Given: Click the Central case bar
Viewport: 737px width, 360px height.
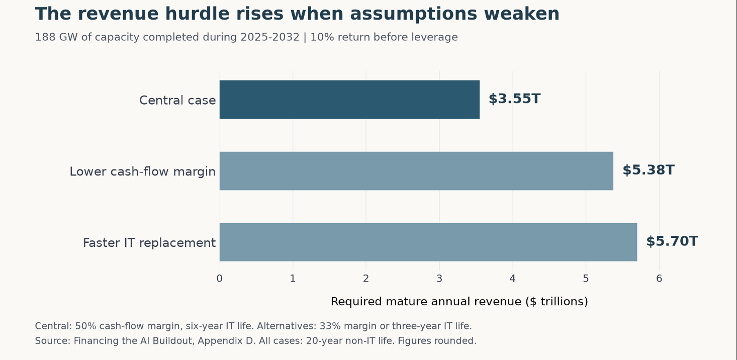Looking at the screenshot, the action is (349, 100).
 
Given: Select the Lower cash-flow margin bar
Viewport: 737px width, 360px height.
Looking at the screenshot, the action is (416, 171).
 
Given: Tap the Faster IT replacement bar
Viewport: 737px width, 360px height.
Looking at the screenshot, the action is (428, 242).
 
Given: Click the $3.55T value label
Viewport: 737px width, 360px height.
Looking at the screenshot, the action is (514, 99).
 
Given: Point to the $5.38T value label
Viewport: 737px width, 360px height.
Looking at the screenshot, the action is (648, 170).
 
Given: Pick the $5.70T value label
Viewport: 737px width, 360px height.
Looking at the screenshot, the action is (672, 241).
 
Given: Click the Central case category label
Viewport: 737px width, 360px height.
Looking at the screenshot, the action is (177, 100).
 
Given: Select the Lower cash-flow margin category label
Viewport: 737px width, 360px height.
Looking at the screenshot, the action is (142, 171).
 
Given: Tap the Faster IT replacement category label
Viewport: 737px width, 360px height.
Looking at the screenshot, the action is (149, 243).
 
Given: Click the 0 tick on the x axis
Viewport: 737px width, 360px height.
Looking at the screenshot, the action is (220, 279).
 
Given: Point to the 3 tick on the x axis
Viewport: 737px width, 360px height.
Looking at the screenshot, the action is (439, 279).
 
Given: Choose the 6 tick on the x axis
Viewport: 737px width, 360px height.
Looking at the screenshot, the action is (659, 279).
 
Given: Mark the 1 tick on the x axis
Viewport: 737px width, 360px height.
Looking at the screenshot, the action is (293, 279).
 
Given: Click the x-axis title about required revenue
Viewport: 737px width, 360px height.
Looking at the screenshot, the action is (459, 302).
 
